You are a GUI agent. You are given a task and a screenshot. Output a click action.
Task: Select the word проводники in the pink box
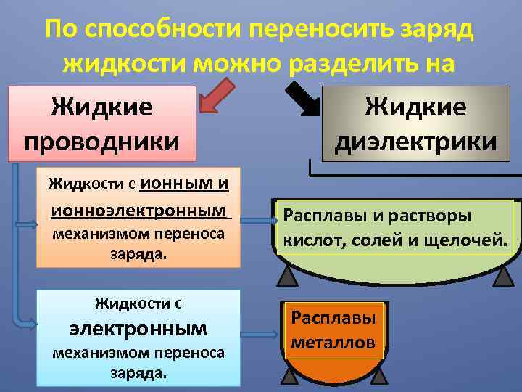click(102, 138)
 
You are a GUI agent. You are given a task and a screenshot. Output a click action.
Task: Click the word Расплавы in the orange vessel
click(333, 318)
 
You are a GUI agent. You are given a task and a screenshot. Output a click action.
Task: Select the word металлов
click(333, 341)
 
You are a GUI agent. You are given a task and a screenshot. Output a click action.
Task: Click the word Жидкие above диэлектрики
click(416, 107)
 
